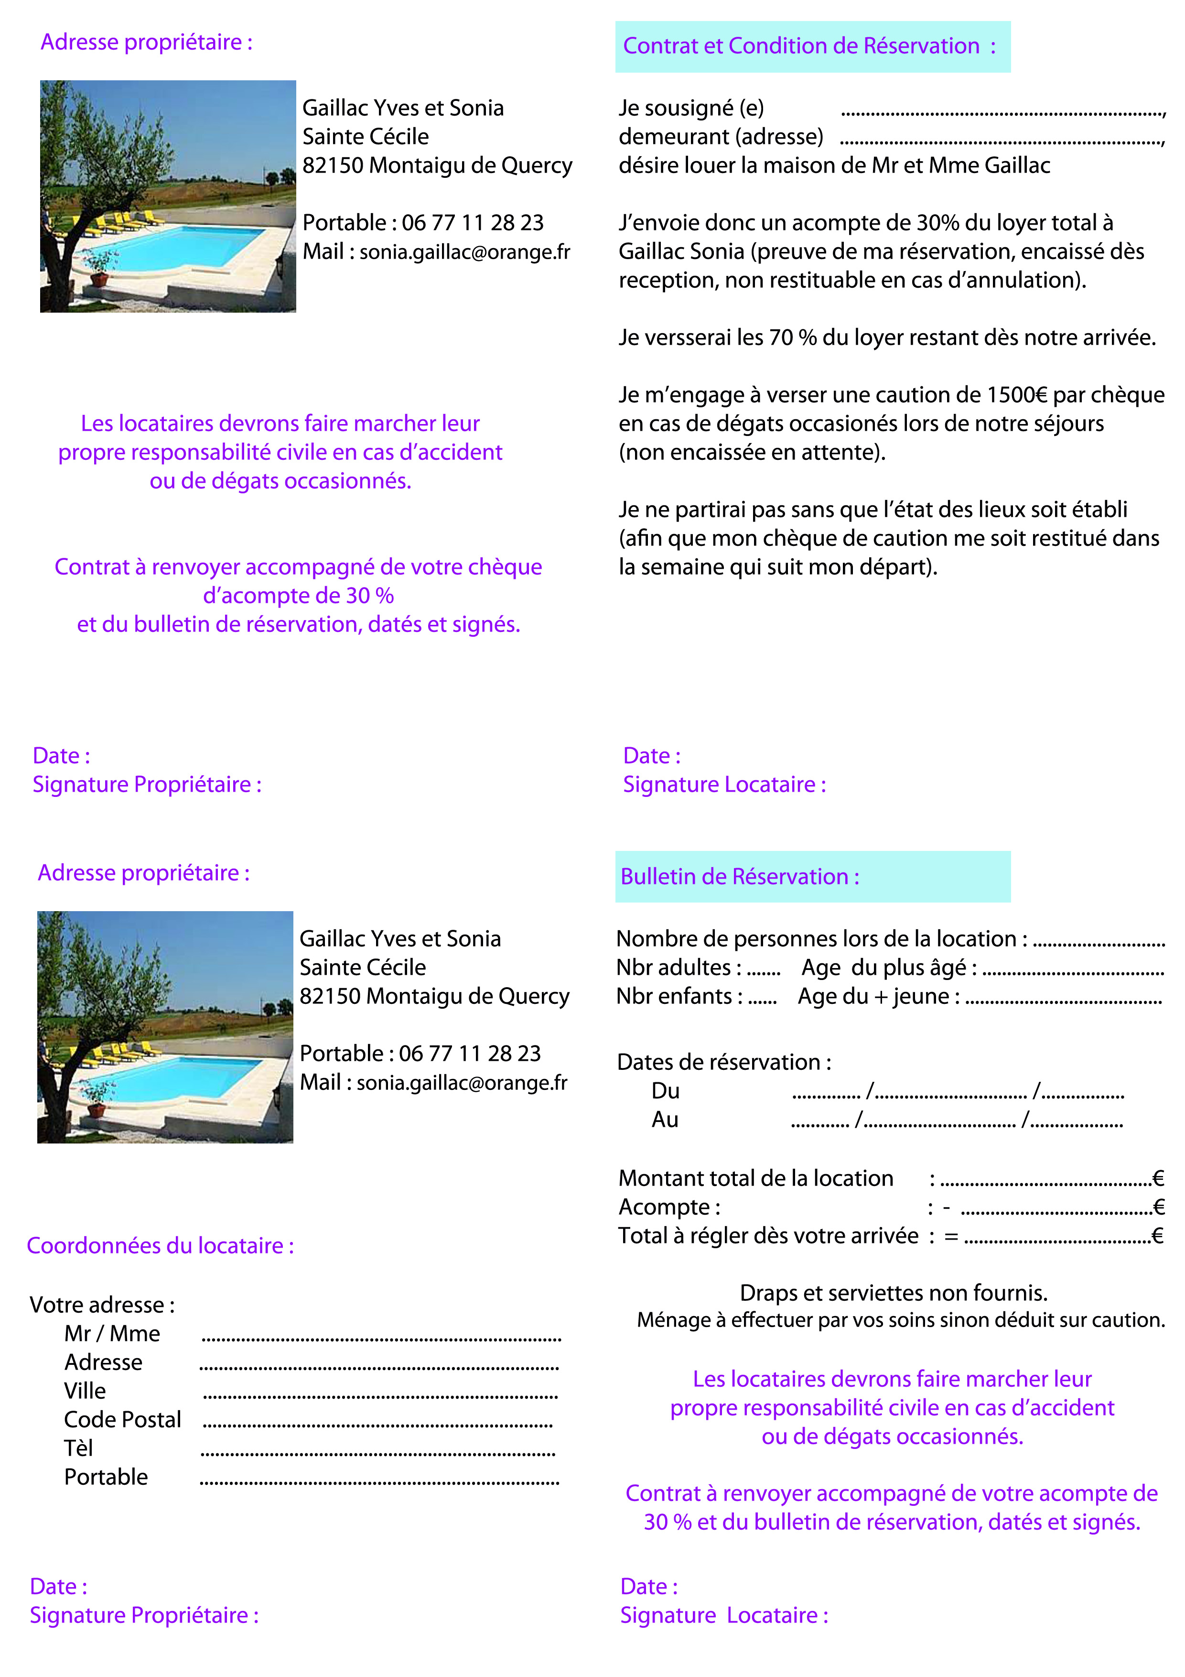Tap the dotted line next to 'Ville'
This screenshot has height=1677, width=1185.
tap(380, 1396)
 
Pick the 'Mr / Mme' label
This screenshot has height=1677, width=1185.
tap(112, 1334)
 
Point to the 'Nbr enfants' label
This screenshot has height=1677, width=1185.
tap(679, 996)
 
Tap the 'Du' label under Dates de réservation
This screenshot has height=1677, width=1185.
tap(665, 1091)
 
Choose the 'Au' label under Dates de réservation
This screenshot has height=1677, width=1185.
tap(665, 1120)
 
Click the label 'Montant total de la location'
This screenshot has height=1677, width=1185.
tap(756, 1178)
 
